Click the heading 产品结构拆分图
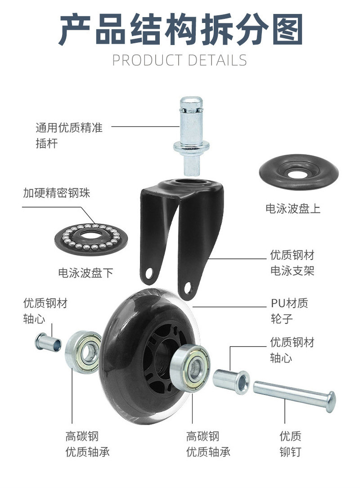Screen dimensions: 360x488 coord(180,30)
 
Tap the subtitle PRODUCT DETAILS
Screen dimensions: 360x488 coord(180,60)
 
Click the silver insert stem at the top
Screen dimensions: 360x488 coord(191,136)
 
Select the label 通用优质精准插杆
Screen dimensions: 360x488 coord(69,136)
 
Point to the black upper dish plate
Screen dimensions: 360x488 coord(298,172)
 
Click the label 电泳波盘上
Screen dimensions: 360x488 coord(293,208)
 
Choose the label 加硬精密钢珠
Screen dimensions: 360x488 coord(57,193)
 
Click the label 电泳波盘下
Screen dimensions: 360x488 coord(85,273)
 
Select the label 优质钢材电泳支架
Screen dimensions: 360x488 coord(292,262)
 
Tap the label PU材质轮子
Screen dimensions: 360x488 coord(289,311)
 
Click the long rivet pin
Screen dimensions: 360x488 coord(294,396)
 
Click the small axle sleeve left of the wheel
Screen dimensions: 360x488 coord(48,342)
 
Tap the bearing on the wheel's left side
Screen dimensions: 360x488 coord(83,352)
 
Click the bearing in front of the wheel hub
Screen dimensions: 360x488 coord(190,368)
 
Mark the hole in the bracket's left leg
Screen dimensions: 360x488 coord(149,274)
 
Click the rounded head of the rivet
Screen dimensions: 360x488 coord(331,402)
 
